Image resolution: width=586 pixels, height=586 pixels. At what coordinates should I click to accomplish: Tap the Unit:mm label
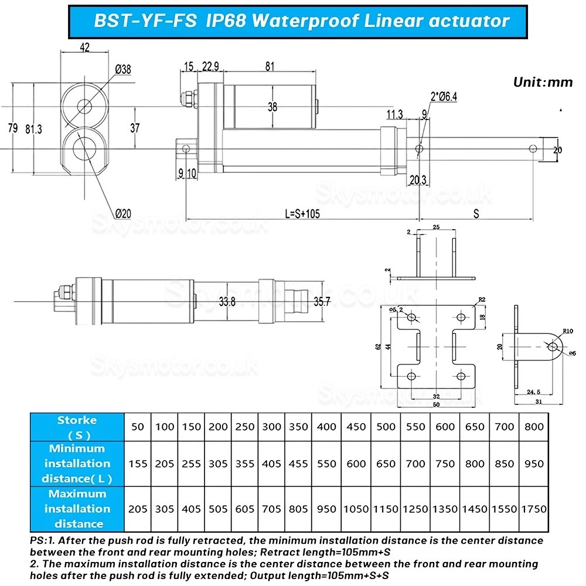[543, 82]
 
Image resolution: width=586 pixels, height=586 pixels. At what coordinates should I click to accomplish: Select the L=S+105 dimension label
[303, 214]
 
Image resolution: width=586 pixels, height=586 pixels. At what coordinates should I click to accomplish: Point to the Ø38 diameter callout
[123, 69]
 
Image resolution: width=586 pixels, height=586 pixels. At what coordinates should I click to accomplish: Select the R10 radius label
[567, 332]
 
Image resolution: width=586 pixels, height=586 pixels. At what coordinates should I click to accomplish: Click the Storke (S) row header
[77, 427]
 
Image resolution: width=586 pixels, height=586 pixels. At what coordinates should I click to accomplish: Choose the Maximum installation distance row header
[77, 508]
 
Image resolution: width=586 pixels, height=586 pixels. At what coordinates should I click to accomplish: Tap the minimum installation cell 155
[138, 464]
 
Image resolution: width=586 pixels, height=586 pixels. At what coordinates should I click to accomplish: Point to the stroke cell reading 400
[326, 427]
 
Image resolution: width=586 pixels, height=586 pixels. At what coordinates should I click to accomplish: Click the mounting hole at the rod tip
[532, 149]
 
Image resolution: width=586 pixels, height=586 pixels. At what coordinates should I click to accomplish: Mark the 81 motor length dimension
[270, 67]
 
